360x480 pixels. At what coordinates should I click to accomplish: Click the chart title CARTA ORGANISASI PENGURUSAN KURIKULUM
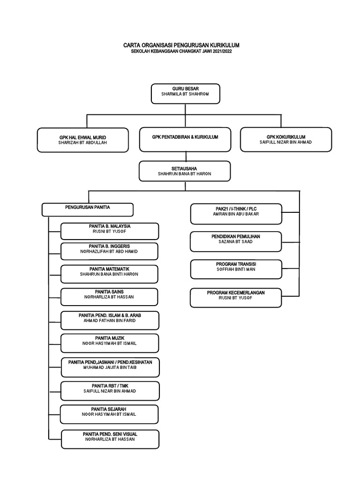(x=181, y=45)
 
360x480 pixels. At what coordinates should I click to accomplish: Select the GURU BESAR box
(x=185, y=94)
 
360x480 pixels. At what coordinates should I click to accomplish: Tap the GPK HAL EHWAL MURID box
(x=83, y=140)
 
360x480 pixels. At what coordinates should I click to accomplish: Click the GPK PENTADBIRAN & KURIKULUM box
(x=185, y=139)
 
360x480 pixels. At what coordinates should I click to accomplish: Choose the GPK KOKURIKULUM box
(x=286, y=139)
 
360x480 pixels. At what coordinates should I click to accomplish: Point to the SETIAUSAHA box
(x=185, y=171)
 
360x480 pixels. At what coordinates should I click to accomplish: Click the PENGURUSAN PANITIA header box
(x=88, y=209)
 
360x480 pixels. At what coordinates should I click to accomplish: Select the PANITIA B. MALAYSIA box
(x=110, y=231)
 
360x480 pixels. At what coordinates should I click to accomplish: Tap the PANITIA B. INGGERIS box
(x=110, y=251)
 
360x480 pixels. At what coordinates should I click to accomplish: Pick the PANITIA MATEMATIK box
(x=110, y=274)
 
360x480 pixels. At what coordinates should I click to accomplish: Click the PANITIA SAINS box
(x=110, y=297)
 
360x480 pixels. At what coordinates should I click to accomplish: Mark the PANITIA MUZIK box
(x=110, y=343)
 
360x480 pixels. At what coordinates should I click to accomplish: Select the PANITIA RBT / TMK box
(x=110, y=390)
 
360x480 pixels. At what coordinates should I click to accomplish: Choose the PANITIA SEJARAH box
(x=110, y=414)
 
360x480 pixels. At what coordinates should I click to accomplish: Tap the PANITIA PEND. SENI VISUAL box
(x=110, y=439)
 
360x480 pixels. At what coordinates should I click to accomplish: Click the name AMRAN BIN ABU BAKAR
(x=236, y=214)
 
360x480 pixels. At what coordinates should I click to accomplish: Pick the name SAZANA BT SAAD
(x=236, y=242)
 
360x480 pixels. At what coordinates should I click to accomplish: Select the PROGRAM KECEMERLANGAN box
(x=236, y=298)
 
